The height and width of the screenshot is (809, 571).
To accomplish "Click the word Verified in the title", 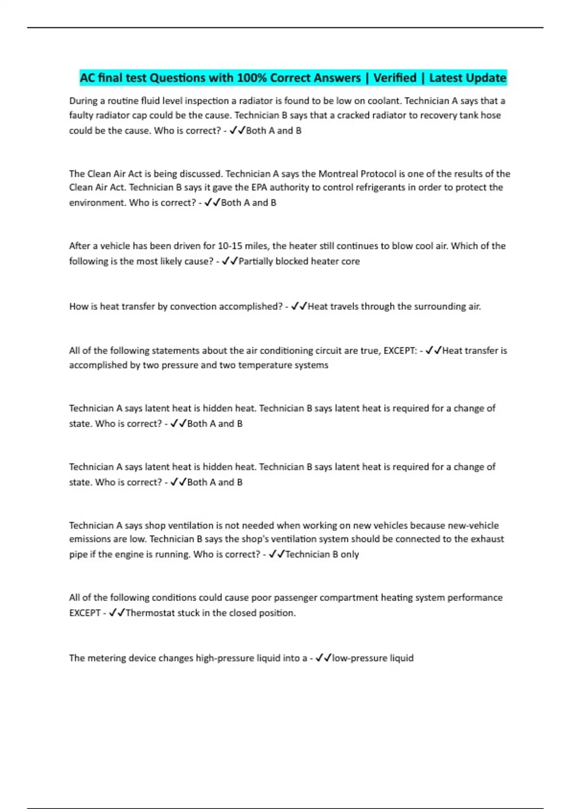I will click(x=394, y=78).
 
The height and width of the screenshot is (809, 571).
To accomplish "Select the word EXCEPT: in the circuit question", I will click(x=400, y=351).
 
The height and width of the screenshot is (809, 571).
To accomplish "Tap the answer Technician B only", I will click(x=322, y=554).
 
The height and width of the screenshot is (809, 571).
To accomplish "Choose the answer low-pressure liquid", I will click(x=373, y=658).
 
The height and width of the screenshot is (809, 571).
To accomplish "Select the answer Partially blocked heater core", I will click(x=299, y=261).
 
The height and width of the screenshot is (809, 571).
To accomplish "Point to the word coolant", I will click(x=384, y=101).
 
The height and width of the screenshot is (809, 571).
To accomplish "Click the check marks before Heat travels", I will click(x=299, y=306).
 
